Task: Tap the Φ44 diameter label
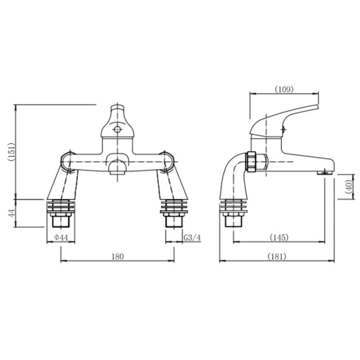(x=61, y=236)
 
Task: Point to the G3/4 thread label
(x=192, y=236)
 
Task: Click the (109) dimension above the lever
(x=283, y=89)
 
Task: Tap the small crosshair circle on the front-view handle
(x=116, y=129)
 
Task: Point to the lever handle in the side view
(x=288, y=118)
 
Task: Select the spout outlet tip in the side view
(x=322, y=171)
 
